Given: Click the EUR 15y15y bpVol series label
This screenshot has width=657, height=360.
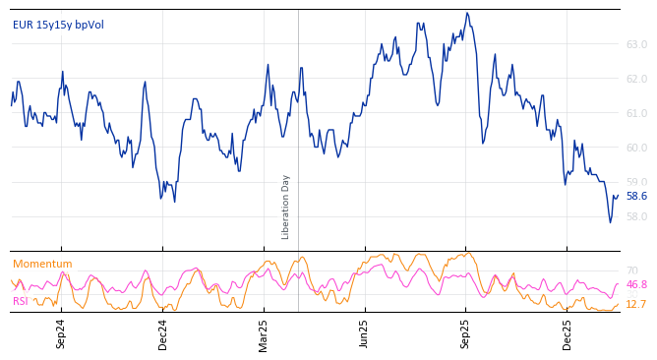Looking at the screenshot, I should pos(58,26).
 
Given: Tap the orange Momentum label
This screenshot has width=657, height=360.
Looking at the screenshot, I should pos(42,264).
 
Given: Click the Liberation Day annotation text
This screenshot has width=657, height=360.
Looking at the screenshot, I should pos(286,207).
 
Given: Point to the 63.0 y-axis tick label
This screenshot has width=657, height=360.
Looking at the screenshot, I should pos(636,44).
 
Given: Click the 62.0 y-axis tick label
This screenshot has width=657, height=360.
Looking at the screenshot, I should pos(636,79).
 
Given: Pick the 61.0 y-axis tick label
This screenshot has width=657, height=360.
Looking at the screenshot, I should pos(636,113).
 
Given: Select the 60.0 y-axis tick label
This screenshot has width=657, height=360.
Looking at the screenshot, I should pos(636,148).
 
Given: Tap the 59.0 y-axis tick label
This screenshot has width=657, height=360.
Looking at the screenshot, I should pos(636,182).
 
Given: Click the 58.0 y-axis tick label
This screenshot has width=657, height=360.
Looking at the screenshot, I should pos(636,216).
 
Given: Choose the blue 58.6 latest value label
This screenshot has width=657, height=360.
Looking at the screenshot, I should pos(636,197).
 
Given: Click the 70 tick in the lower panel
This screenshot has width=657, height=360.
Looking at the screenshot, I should pos(631,270).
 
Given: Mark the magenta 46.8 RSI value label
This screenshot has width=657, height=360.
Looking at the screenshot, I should pos(636,285).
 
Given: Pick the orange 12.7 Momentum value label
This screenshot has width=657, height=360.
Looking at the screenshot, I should pos(636,305).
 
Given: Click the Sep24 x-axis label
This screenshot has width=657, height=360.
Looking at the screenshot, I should pos(61,333).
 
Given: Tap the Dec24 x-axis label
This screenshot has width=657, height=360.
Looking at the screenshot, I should pos(163,333).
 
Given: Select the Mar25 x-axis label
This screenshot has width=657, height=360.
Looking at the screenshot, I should pos(264,333).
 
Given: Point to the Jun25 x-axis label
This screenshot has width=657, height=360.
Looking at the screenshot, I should pos(365,333).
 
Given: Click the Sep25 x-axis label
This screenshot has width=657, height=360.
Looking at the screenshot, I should pos(466,333).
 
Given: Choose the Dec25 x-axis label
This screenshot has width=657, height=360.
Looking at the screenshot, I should pos(567,333).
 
